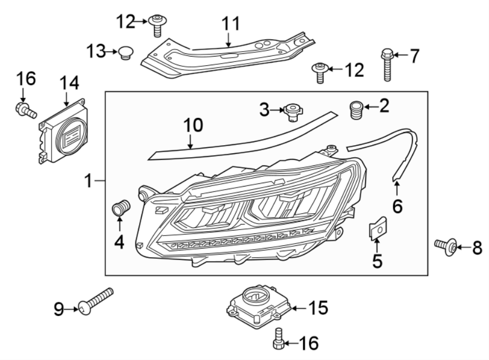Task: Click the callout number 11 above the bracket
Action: tap(231, 24)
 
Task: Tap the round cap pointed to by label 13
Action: tap(126, 53)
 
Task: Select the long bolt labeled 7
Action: tap(386, 65)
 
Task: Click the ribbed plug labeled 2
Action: tap(356, 110)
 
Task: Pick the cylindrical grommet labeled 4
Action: tap(121, 208)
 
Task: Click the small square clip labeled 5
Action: tap(378, 228)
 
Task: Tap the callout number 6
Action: tap(397, 207)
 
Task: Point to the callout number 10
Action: tap(193, 126)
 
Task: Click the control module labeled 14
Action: tap(63, 131)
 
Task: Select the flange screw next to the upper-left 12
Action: tap(158, 26)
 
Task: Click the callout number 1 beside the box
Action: tap(89, 181)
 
